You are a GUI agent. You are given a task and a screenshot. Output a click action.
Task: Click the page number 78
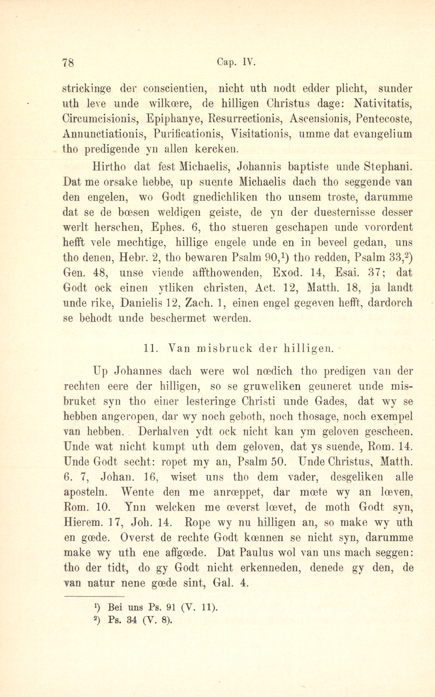68,62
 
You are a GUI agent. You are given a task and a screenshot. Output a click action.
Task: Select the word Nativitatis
384,104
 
